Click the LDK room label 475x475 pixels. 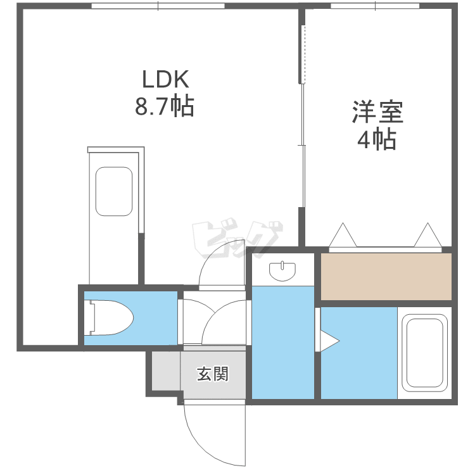(165, 80)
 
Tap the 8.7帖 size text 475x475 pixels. (165, 106)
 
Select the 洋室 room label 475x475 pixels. (378, 113)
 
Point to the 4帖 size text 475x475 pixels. (377, 139)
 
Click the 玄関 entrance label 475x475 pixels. (212, 374)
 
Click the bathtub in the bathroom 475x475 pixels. (425, 353)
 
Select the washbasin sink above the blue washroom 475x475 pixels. (282, 272)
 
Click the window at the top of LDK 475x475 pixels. (158, 6)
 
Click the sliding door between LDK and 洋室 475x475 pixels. (303, 127)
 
